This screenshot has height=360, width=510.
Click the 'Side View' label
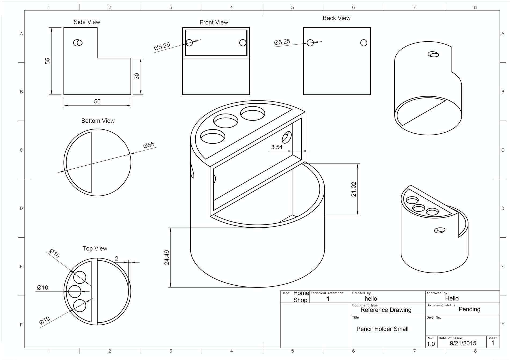pyautogui.click(x=87, y=22)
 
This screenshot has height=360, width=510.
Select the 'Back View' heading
pyautogui.click(x=336, y=18)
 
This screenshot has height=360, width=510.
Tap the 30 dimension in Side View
pyautogui.click(x=137, y=76)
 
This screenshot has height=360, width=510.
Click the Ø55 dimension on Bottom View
pyautogui.click(x=149, y=145)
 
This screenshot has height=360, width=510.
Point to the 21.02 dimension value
pyautogui.click(x=354, y=189)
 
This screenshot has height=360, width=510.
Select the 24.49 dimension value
pyautogui.click(x=167, y=257)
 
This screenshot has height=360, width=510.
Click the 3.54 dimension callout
pyautogui.click(x=276, y=147)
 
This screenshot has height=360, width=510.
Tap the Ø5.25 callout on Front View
pyautogui.click(x=162, y=46)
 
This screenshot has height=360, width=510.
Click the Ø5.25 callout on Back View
pyautogui.click(x=282, y=42)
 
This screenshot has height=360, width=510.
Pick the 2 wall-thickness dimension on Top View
pyautogui.click(x=116, y=259)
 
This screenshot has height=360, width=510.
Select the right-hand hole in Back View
pyautogui.click(x=364, y=43)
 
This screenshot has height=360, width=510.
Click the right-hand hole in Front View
pyautogui.click(x=243, y=43)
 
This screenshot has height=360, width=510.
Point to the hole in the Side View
pyautogui.click(x=78, y=43)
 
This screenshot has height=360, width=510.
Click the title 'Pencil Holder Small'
pyautogui.click(x=382, y=329)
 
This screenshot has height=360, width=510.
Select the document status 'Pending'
pyautogui.click(x=469, y=309)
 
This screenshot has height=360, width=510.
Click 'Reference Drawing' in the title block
pyautogui.click(x=386, y=310)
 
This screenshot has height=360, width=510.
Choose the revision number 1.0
pyautogui.click(x=431, y=344)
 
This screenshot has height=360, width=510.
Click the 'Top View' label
pyautogui.click(x=95, y=249)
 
